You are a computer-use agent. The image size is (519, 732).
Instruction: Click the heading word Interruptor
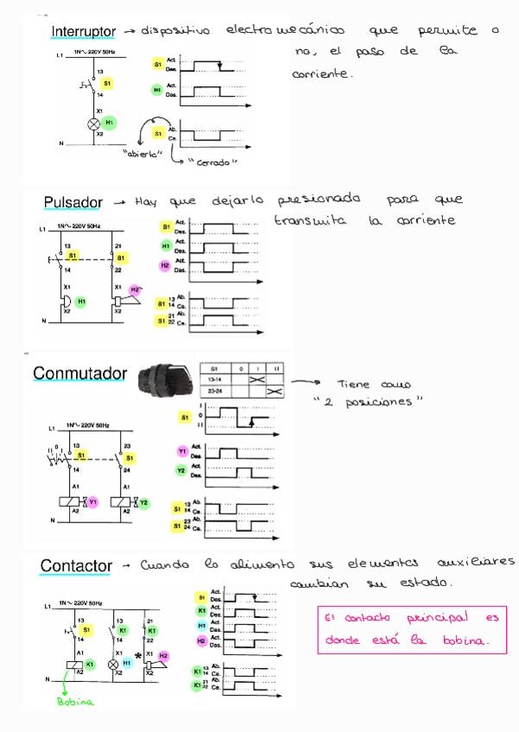[x=83, y=32]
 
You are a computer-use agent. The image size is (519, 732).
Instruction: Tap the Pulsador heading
[x=73, y=203]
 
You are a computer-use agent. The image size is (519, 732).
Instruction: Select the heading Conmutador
[x=79, y=374]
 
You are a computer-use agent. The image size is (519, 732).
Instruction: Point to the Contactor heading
[x=76, y=566]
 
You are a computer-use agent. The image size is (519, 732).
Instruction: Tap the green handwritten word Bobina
[x=75, y=702]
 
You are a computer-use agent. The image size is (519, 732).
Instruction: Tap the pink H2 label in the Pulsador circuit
[x=135, y=289]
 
